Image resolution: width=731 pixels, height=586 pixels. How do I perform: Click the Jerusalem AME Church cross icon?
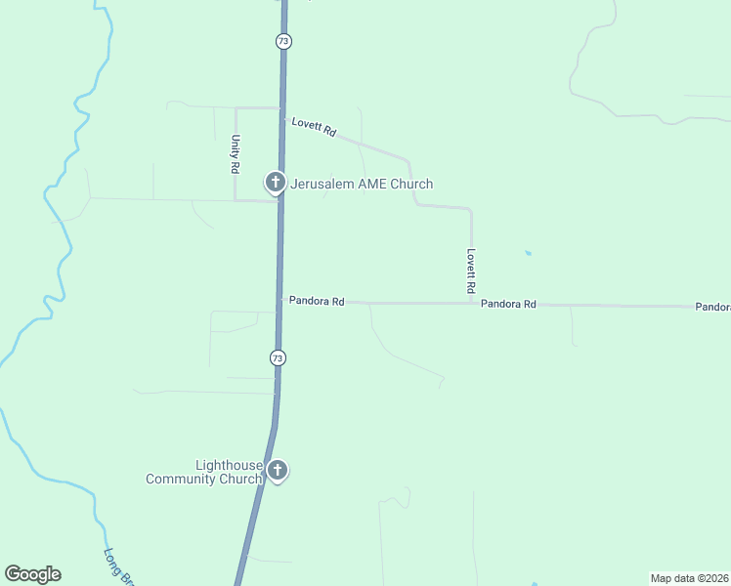tap(276, 181)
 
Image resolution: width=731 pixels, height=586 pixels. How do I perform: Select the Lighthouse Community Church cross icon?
tap(278, 471)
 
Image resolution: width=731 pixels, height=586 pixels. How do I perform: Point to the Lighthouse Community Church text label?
tap(203, 472)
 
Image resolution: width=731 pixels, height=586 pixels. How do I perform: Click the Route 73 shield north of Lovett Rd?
tap(283, 41)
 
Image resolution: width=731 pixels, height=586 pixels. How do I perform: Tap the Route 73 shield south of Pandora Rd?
tap(279, 358)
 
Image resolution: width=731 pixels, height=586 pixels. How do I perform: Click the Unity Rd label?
tap(236, 154)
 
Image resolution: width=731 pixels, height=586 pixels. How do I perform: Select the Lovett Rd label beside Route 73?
tap(314, 127)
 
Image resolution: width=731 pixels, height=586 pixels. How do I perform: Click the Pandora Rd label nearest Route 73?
tap(317, 302)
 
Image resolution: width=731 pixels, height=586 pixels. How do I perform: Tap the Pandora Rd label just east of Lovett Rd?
tap(508, 304)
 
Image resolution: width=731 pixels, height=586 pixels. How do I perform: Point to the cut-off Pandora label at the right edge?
tap(712, 307)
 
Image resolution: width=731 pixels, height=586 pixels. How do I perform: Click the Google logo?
tap(32, 574)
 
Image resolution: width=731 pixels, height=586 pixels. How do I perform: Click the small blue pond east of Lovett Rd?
tap(528, 253)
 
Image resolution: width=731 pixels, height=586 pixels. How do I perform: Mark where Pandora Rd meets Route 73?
tap(279, 301)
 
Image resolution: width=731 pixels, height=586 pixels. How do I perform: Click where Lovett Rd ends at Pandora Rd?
tap(471, 303)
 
